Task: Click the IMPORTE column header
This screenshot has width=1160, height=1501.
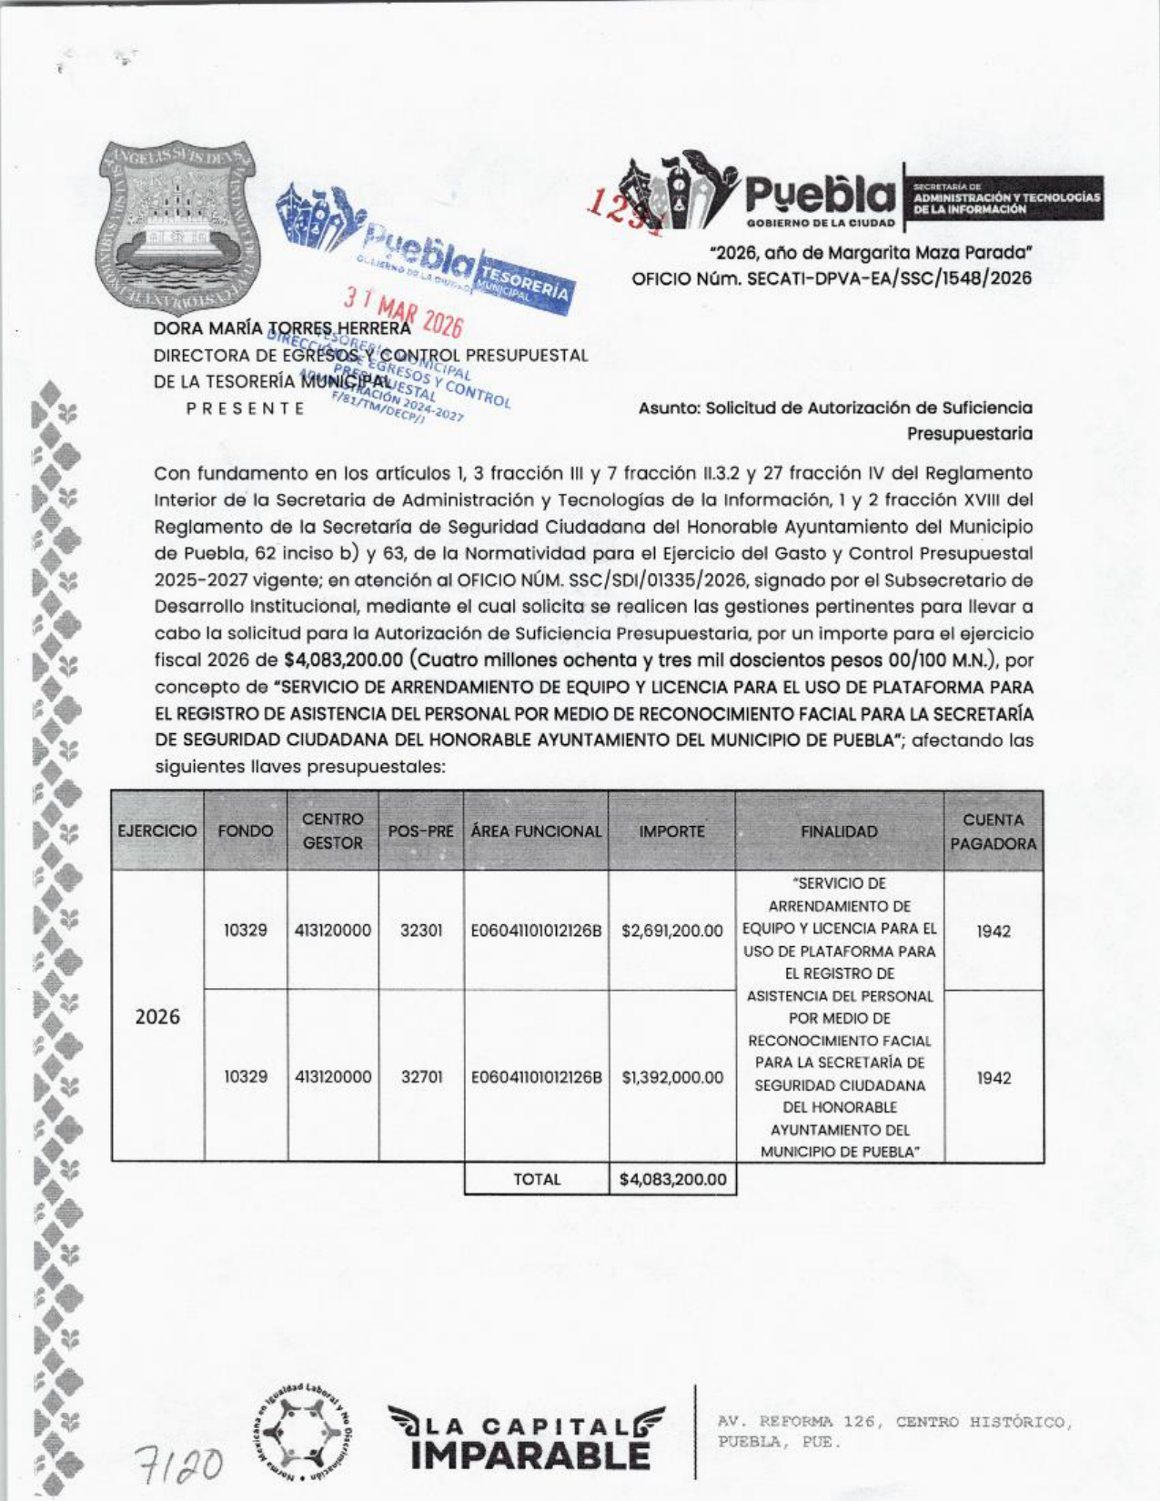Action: pos(671,831)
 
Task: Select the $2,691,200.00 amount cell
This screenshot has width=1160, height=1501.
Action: pos(671,931)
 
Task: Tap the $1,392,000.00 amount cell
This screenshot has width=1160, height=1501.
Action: pos(671,1077)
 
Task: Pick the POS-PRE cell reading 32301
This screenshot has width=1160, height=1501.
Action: pos(421,931)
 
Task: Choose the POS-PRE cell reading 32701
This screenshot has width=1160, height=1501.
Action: pos(421,1077)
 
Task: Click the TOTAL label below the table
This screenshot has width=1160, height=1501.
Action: pos(537,1180)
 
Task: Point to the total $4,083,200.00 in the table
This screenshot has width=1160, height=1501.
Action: pos(672,1180)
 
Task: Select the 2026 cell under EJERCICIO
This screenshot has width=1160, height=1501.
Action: pos(157,1016)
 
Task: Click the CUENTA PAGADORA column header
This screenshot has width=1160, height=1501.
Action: pos(993,831)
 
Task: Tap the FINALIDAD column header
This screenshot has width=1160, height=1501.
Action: pos(839,831)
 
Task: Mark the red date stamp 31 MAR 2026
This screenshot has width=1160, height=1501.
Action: pos(402,312)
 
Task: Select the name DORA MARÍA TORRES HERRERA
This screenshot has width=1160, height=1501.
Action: pos(282,327)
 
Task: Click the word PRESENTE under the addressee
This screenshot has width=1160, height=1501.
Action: pos(246,408)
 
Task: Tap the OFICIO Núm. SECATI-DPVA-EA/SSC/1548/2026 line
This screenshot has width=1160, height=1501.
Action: pos(832,278)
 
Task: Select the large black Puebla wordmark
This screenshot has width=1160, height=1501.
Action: pos(820,194)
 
